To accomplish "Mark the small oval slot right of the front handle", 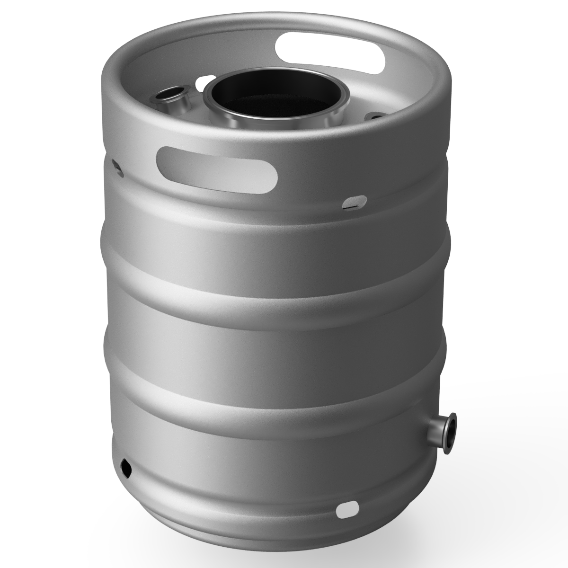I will [x=355, y=202].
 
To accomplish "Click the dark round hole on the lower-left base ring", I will [x=126, y=467].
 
